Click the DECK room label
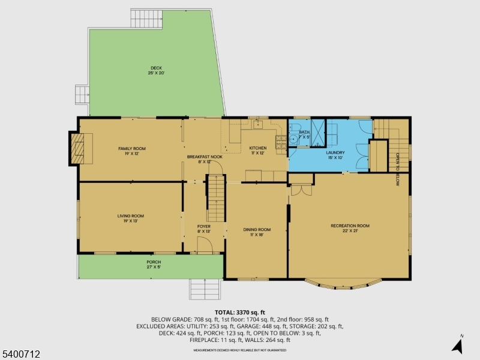156,70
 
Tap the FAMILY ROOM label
131,151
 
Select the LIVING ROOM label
131,218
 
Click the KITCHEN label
258,151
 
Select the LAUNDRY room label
335,155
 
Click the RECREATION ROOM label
350,228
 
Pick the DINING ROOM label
257,232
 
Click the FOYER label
204,229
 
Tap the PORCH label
154,265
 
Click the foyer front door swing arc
206,244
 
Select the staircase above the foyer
215,198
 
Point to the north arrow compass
457,345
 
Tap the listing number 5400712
21,354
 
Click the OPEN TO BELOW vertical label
397,170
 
